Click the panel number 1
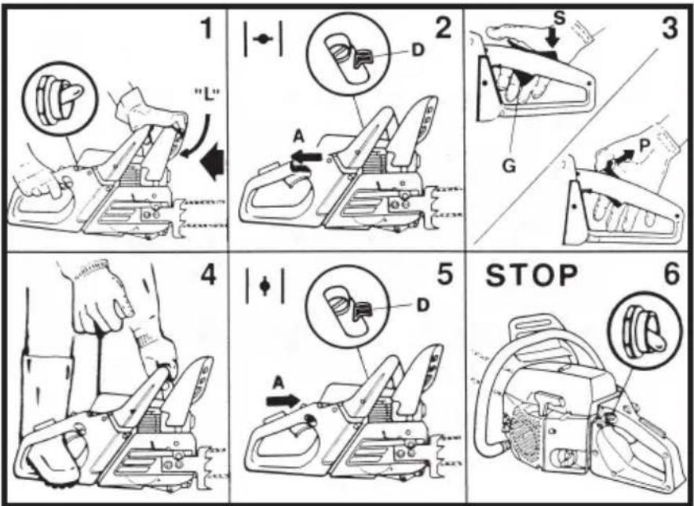coord(206,29)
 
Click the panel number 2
coord(443,28)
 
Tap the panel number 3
coord(669,28)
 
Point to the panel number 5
coord(444,275)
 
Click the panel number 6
coord(671,275)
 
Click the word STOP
coord(531,275)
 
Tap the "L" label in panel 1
coord(207,96)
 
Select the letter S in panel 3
coord(560,18)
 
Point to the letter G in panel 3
coord(509,166)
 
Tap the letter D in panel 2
coord(418,50)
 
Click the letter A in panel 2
coord(299,137)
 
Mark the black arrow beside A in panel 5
coord(283,401)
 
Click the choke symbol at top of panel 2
coord(263,39)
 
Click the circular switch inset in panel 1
coord(59,99)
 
